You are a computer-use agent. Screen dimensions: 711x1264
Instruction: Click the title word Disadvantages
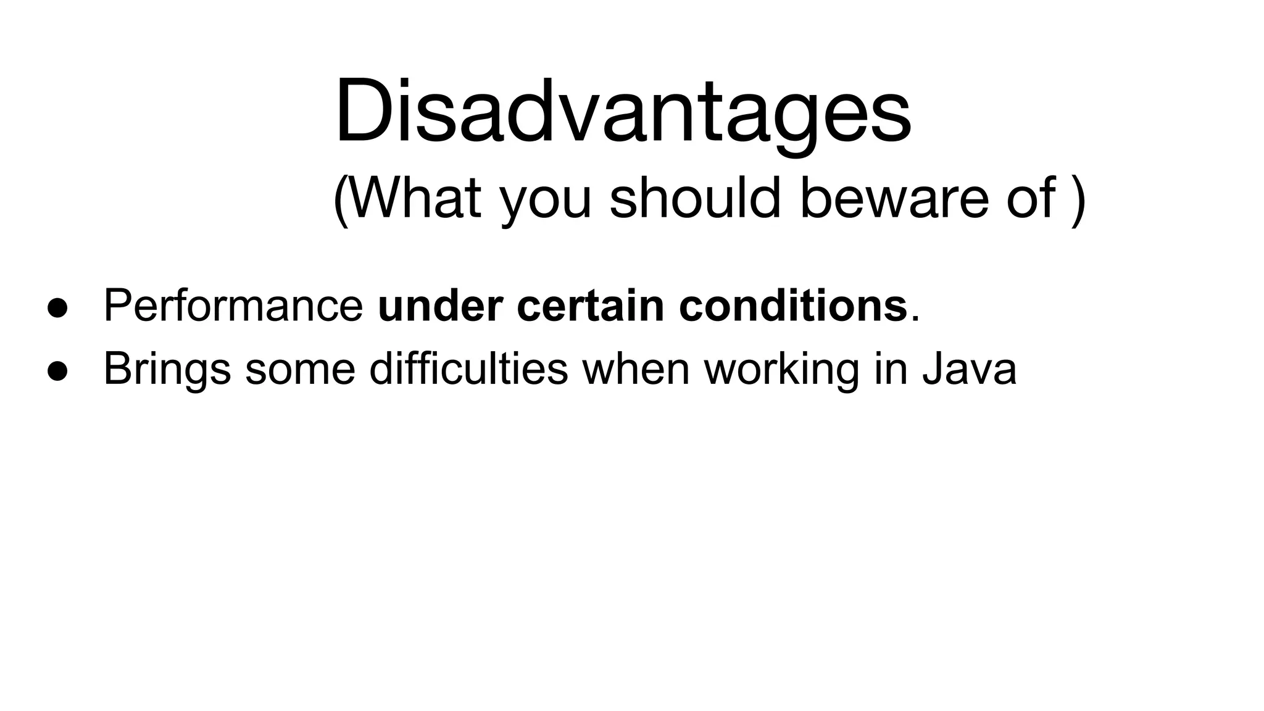(x=622, y=111)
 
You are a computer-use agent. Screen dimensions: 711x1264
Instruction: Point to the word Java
(x=969, y=369)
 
